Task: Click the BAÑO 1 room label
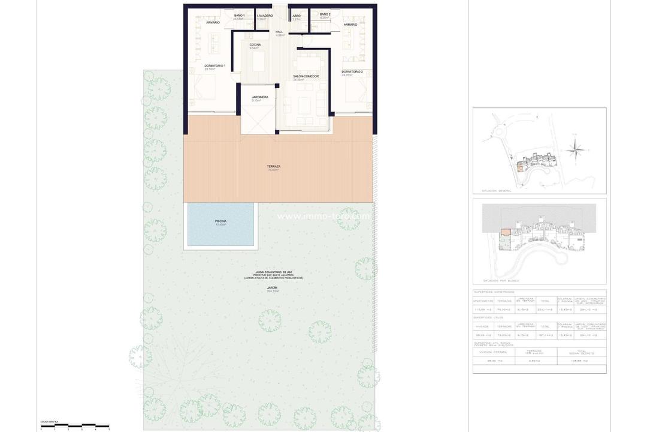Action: click(239, 15)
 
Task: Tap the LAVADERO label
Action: click(265, 16)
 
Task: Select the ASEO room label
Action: click(297, 16)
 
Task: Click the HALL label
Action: click(279, 32)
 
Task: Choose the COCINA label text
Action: click(255, 45)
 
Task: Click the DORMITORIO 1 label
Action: click(214, 65)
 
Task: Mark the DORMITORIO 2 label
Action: click(352, 71)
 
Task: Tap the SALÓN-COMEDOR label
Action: click(306, 76)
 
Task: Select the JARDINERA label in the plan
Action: click(259, 97)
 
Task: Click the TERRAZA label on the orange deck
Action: click(274, 167)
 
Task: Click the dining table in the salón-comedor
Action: click(309, 62)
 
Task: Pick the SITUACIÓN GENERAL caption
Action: click(496, 191)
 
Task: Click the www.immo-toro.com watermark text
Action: click(323, 216)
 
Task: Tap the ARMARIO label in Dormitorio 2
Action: click(350, 25)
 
